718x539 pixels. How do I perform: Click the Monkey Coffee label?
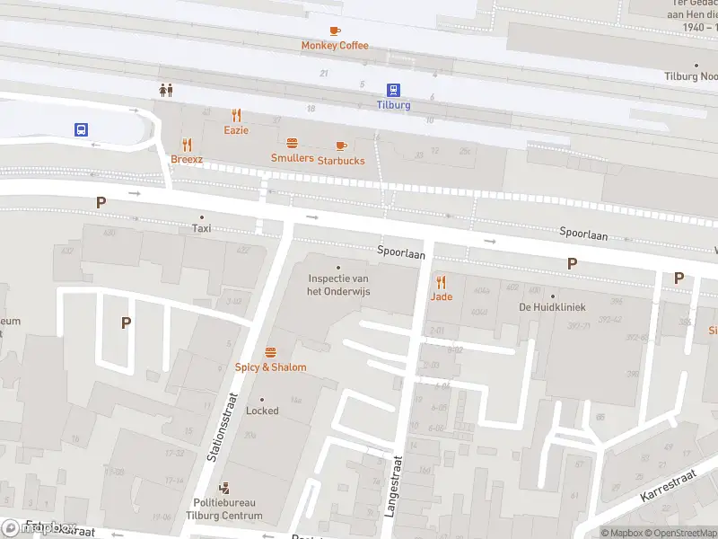[x=335, y=46]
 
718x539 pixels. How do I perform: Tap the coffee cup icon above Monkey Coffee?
[x=335, y=31]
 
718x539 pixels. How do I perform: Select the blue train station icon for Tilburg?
[x=393, y=90]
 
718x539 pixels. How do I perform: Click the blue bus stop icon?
[x=81, y=129]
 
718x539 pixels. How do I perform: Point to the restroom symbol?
[x=165, y=90]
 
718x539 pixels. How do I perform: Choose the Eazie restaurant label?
[x=236, y=130]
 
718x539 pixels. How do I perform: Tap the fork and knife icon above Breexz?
[x=188, y=145]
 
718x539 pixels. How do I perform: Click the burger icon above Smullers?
[x=292, y=144]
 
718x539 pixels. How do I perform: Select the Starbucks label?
[x=341, y=161]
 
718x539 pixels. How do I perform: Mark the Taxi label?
[x=201, y=229]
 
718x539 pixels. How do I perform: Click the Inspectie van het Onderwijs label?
[x=338, y=286]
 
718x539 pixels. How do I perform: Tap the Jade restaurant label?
[x=441, y=296]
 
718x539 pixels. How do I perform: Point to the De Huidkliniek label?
[x=552, y=307]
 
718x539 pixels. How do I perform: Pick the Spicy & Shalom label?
[x=270, y=367]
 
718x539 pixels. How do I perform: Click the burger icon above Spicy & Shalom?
[x=270, y=352]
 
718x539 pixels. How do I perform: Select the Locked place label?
[x=262, y=411]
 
